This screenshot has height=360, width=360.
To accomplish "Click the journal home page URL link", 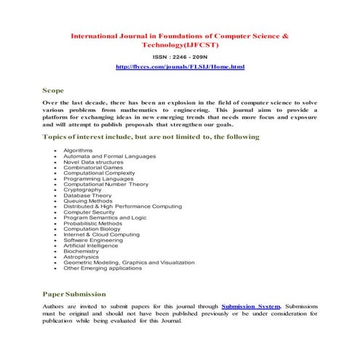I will click(180, 67).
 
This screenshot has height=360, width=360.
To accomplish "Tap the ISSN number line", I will click(180, 56).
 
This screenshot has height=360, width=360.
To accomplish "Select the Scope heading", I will click(53, 91).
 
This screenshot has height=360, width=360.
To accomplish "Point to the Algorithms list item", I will click(78, 150).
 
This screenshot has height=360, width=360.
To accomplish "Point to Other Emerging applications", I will click(103, 268).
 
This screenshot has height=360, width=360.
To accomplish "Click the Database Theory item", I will click(87, 195).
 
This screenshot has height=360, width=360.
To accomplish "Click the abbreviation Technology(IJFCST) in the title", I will click(180, 44).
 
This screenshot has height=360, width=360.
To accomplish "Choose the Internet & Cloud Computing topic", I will click(100, 234).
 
